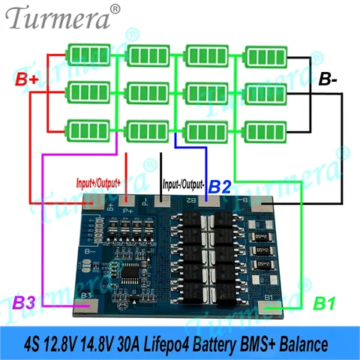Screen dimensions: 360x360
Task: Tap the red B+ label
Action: point(28,79)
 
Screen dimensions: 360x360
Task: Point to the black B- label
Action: point(331,79)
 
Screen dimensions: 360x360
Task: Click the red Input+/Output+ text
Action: point(119,182)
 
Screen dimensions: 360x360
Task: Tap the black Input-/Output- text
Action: point(184,182)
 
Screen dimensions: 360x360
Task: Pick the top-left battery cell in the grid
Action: point(87,54)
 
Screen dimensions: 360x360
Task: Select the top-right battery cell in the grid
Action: point(265,54)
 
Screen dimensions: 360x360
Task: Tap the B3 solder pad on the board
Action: point(86,304)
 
